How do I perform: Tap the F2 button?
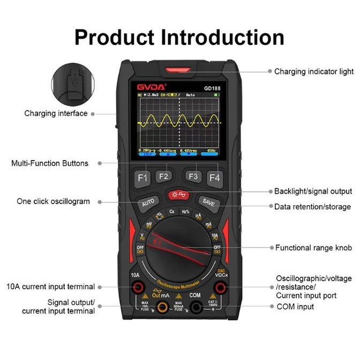tap(163, 176)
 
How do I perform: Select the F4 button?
tap(214, 177)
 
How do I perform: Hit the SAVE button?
tap(208, 202)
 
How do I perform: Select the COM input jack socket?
tap(196, 307)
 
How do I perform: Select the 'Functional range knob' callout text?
tap(313, 248)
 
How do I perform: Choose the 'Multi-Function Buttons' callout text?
tap(50, 163)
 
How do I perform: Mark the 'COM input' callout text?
tap(295, 307)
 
